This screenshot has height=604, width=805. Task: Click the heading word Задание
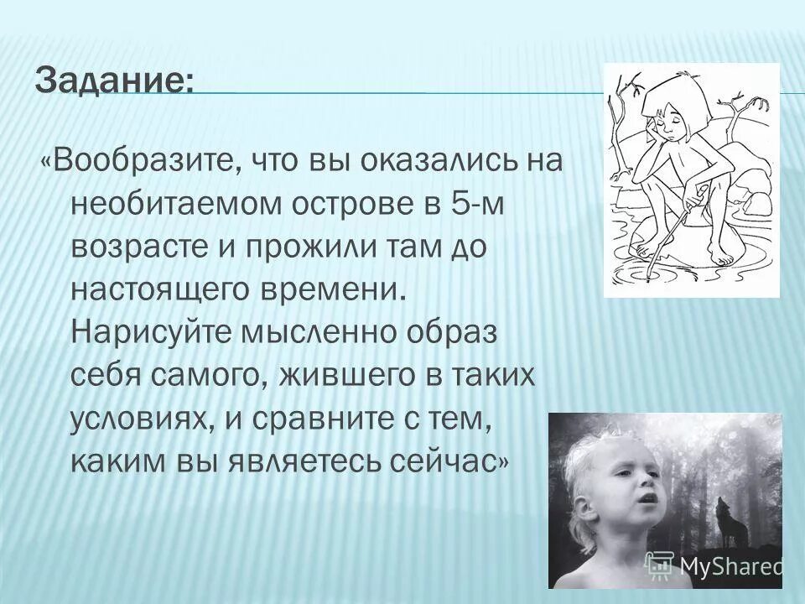pyautogui.click(x=114, y=81)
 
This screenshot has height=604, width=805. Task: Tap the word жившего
pyautogui.click(x=345, y=377)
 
